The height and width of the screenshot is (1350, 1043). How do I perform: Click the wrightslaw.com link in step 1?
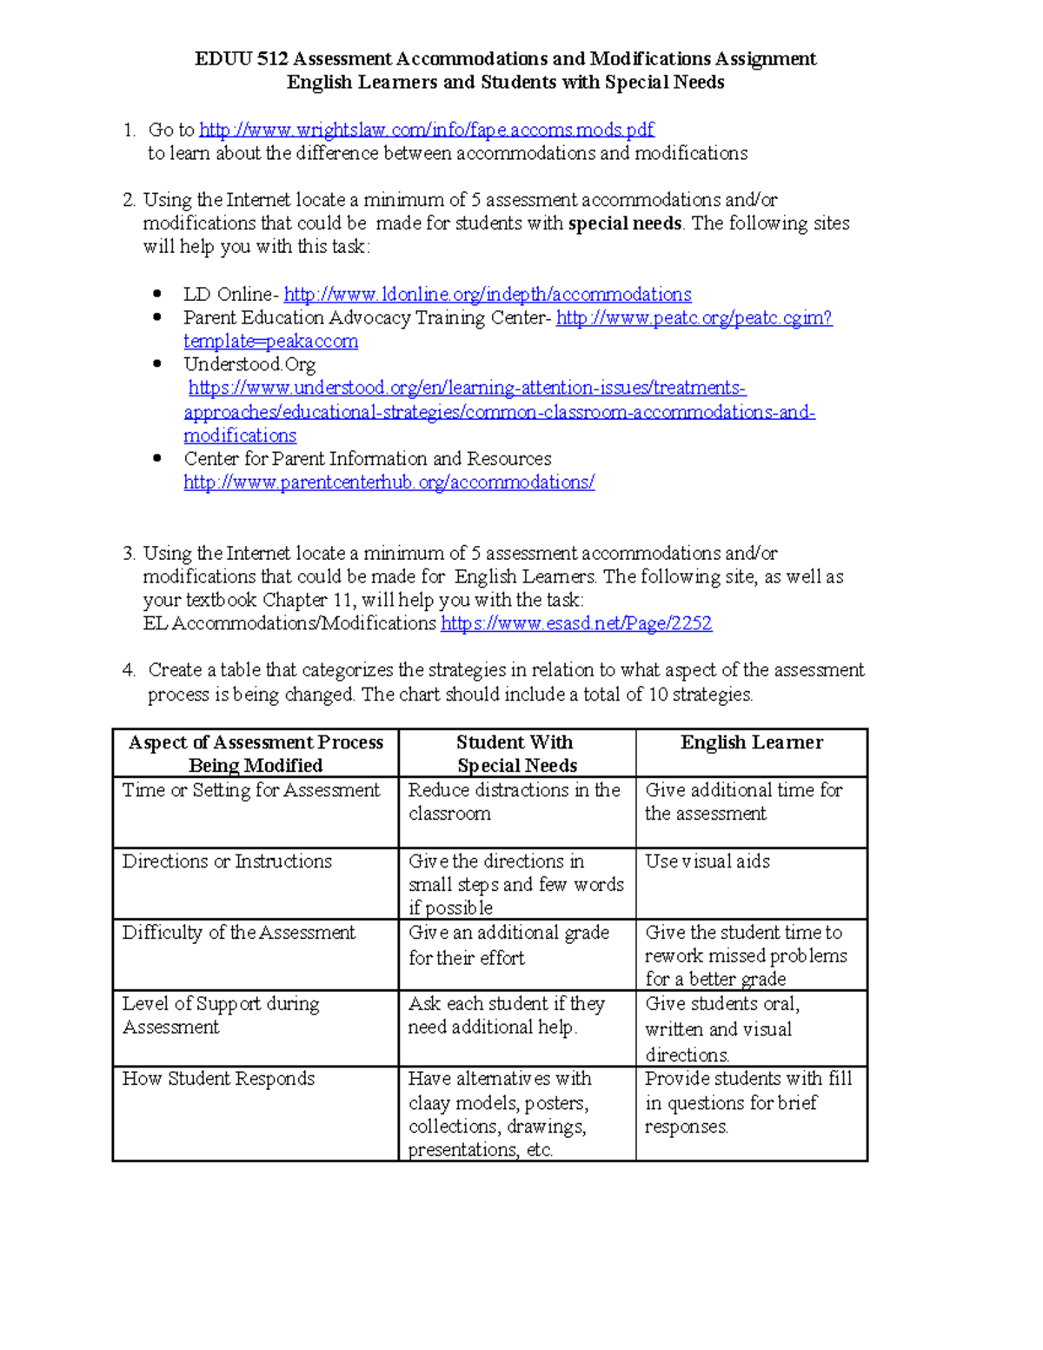pyautogui.click(x=426, y=130)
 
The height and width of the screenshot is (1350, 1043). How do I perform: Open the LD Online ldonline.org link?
pyautogui.click(x=488, y=295)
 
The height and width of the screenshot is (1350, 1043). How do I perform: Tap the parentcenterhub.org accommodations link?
pyautogui.click(x=389, y=482)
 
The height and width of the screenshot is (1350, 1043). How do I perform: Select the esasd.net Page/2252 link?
pyautogui.click(x=576, y=623)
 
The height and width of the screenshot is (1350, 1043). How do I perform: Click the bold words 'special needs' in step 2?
pyautogui.click(x=624, y=223)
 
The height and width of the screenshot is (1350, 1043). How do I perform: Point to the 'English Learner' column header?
pyautogui.click(x=751, y=742)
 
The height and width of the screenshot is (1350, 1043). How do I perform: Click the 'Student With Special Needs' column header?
pyautogui.click(x=516, y=754)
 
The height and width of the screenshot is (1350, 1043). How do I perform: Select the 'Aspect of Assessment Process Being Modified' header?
pyautogui.click(x=256, y=754)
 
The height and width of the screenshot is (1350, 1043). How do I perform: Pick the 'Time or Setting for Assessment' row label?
pyautogui.click(x=251, y=790)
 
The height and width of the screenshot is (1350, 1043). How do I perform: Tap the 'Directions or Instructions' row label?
pyautogui.click(x=227, y=861)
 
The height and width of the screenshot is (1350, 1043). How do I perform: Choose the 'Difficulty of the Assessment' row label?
pyautogui.click(x=238, y=933)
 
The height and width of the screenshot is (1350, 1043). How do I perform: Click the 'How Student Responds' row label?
pyautogui.click(x=218, y=1079)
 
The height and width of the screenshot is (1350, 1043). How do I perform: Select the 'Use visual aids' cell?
pyautogui.click(x=708, y=861)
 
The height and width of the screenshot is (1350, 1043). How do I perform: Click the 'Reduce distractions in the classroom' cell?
pyautogui.click(x=514, y=801)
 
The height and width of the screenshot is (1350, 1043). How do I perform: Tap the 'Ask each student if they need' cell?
pyautogui.click(x=506, y=1015)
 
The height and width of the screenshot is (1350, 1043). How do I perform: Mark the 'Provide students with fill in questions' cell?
pyautogui.click(x=747, y=1102)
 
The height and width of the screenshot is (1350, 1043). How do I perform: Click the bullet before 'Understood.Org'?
pyautogui.click(x=157, y=364)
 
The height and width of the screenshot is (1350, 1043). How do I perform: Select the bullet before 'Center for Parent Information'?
pyautogui.click(x=157, y=458)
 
